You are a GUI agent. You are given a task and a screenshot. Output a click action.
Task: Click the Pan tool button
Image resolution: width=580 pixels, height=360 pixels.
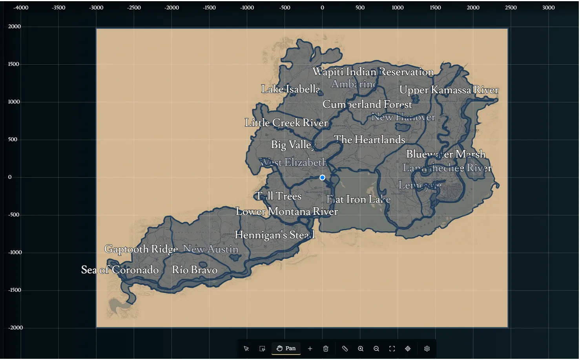[286, 348]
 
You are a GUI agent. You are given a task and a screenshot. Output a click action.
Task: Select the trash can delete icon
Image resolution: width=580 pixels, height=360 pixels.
[326, 349]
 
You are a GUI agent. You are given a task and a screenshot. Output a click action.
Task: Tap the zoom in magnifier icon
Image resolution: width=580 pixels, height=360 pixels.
[361, 349]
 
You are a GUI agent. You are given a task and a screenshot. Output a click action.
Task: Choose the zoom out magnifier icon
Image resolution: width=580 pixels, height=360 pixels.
[376, 349]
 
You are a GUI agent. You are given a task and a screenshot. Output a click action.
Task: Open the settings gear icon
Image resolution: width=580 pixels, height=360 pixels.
[427, 349]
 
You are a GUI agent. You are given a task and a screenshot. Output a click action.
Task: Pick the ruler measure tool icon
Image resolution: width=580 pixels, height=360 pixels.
[345, 349]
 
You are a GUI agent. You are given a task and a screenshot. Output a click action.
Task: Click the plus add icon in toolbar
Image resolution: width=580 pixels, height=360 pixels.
[310, 349]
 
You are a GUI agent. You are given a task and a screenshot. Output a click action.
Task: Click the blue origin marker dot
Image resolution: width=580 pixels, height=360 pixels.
[322, 177]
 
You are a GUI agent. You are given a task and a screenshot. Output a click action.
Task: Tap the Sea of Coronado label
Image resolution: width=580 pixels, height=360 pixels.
[120, 270]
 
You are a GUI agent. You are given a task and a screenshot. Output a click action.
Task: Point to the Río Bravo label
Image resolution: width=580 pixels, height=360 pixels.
[195, 270]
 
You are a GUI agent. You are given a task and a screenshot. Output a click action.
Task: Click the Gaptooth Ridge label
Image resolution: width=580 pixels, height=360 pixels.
[141, 249]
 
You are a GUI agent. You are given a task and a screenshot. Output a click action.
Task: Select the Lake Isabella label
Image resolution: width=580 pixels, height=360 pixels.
[291, 89]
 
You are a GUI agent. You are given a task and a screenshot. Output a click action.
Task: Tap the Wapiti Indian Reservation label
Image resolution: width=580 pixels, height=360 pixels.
[373, 72]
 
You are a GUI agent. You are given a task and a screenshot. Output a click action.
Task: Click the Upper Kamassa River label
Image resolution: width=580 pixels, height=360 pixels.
[449, 90]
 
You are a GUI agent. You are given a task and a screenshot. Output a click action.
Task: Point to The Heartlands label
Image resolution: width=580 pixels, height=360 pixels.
[369, 140]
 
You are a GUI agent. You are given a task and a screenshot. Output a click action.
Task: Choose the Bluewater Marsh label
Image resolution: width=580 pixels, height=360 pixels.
[446, 154]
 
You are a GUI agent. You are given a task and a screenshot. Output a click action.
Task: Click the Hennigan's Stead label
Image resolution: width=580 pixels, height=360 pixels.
[275, 235]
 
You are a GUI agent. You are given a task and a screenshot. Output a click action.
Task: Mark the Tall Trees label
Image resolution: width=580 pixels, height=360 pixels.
[278, 196]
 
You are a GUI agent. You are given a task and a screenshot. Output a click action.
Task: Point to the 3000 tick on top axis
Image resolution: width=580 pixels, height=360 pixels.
[548, 7]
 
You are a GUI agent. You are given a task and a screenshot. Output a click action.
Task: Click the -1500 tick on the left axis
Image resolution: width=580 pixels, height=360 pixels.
[15, 290]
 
